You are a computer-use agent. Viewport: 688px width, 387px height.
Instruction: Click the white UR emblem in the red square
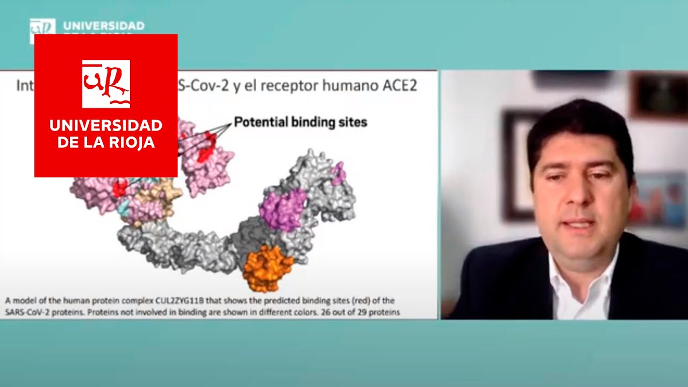106,84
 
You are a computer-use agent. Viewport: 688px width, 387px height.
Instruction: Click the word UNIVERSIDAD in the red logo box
106,126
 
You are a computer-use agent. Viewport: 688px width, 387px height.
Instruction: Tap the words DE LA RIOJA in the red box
106,143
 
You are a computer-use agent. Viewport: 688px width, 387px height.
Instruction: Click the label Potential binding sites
300,123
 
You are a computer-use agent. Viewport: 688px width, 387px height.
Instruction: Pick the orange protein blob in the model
267,267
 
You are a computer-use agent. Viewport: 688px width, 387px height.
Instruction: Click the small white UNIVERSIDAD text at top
104,26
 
